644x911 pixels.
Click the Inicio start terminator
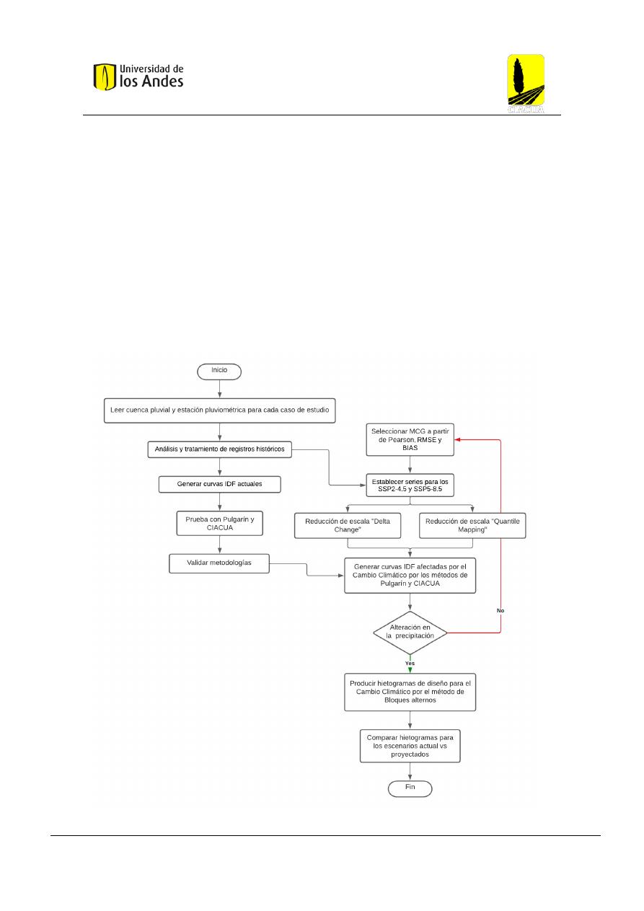click(x=219, y=371)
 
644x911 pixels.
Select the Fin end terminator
click(x=410, y=788)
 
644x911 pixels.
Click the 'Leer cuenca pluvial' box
click(x=219, y=410)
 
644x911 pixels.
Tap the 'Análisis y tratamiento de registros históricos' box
click(x=219, y=449)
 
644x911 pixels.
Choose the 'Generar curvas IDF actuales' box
click(x=219, y=484)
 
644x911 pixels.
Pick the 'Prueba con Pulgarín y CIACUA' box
click(x=219, y=524)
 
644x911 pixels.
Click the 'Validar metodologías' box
click(x=219, y=563)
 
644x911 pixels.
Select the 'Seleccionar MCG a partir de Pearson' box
click(x=410, y=440)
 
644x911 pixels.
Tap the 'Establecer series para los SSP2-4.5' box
click(x=410, y=485)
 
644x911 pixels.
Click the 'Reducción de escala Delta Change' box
click(x=348, y=525)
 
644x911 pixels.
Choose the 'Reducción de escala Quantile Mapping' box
click(x=472, y=525)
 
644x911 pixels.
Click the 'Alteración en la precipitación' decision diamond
click(x=410, y=633)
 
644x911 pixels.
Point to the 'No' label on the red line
click(x=500, y=610)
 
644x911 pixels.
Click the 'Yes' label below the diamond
click(x=410, y=664)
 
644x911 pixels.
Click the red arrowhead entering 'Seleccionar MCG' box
click(x=457, y=440)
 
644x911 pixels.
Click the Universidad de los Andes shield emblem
click(x=105, y=76)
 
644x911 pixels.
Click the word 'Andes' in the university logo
click(x=162, y=82)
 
